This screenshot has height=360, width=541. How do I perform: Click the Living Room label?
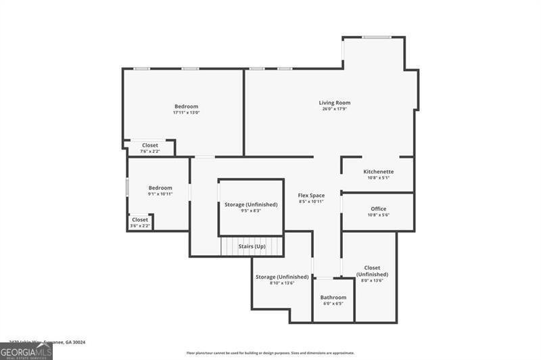click(335, 103)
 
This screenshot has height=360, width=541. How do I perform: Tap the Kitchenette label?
click(378, 172)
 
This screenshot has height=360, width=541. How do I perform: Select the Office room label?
click(378, 208)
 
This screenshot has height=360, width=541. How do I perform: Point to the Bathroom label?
click(333, 298)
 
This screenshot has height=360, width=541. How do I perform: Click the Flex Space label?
click(311, 196)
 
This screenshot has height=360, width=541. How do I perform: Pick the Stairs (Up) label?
click(252, 246)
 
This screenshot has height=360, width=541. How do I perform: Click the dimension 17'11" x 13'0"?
click(186, 112)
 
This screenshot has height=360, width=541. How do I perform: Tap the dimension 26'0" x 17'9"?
click(335, 109)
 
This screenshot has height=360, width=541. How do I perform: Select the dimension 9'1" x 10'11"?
click(160, 194)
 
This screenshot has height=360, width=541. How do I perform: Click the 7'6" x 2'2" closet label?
click(149, 152)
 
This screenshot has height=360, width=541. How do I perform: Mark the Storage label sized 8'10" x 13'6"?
click(282, 277)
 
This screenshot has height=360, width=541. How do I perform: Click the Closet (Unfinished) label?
click(372, 271)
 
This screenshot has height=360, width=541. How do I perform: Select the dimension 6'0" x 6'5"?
click(333, 304)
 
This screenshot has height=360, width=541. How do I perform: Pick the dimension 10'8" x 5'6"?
click(378, 215)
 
